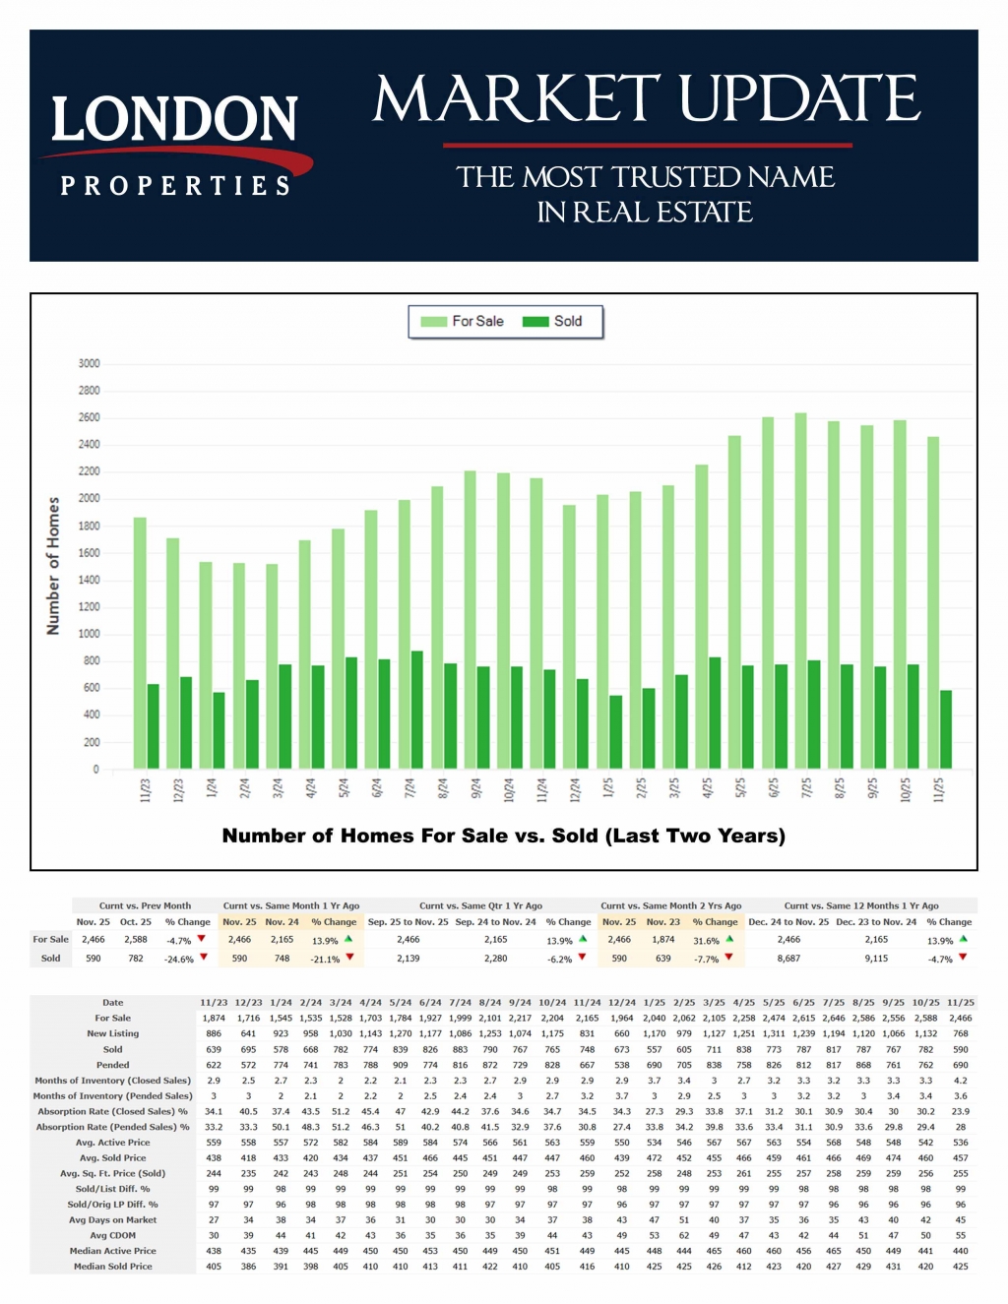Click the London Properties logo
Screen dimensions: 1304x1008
[174, 145]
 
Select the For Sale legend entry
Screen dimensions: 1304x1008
[463, 322]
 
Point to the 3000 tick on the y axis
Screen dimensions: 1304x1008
[90, 363]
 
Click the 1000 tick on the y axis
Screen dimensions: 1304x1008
[90, 634]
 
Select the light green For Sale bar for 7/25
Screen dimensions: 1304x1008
[801, 590]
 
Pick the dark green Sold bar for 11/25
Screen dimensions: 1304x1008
[946, 729]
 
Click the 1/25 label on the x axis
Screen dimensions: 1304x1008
[608, 788]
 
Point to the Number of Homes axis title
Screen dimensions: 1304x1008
[53, 566]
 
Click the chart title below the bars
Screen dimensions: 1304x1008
[504, 836]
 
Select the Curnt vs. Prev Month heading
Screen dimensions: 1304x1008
[145, 905]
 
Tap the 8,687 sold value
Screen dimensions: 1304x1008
[788, 958]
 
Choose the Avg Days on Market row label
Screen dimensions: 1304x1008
[112, 1219]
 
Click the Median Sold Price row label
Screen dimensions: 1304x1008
[112, 1266]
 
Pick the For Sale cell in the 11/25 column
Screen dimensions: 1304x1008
[960, 1018]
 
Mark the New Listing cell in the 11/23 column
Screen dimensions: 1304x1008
[214, 1033]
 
